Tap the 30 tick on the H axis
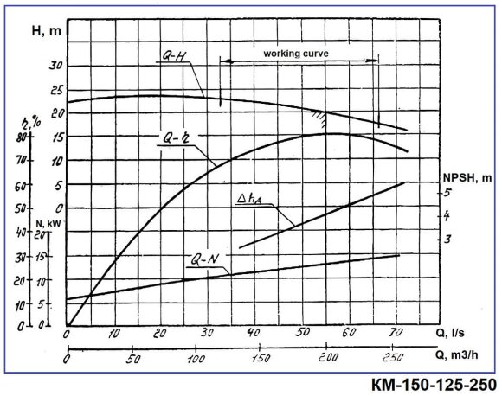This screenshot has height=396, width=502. point(57,66)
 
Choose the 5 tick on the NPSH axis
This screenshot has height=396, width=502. point(447,192)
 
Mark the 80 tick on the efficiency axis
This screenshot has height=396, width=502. point(16,137)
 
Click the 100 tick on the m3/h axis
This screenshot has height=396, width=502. point(196,359)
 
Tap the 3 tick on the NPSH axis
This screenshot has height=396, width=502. point(447,239)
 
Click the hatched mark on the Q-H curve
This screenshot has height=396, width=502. point(321,112)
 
